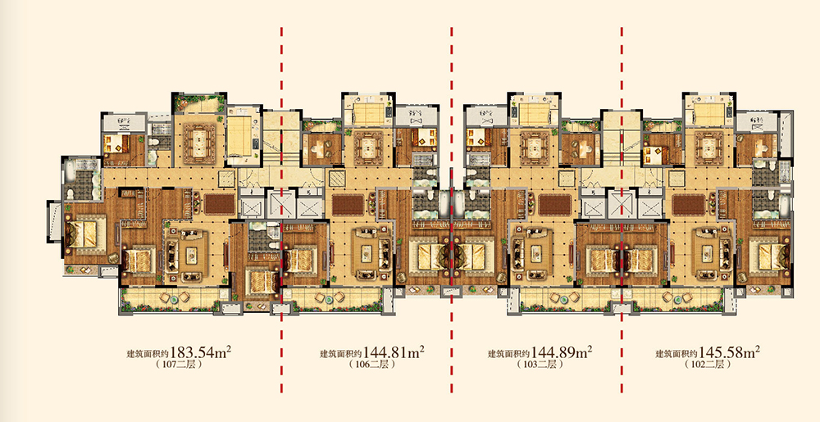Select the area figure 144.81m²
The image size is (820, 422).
[394, 352]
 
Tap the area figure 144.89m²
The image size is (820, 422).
[562, 352]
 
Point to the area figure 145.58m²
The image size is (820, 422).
[730, 352]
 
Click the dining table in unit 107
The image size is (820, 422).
[198, 140]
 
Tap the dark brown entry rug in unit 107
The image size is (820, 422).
[219, 204]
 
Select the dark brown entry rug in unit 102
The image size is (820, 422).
[687, 204]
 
